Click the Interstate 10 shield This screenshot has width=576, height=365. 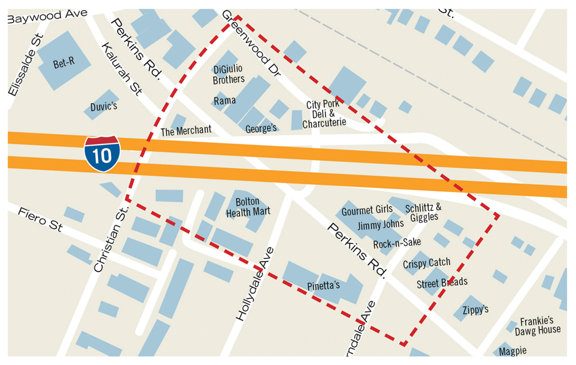(102, 154)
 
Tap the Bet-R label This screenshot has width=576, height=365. (64, 63)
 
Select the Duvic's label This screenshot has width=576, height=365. (104, 107)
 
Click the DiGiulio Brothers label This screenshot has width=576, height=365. (229, 74)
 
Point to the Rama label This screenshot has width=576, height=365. (225, 101)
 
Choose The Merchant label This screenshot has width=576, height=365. (185, 131)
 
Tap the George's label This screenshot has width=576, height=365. (261, 128)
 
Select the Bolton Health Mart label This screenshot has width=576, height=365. (248, 207)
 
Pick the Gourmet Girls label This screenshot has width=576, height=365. (367, 211)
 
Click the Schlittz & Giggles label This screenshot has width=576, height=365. (423, 212)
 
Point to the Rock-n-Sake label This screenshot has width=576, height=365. (397, 244)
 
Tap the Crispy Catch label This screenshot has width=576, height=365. (426, 263)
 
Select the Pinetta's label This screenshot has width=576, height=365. (323, 286)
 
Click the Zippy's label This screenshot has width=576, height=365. (475, 309)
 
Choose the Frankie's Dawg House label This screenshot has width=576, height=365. (537, 325)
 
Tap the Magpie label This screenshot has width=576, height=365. (513, 351)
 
